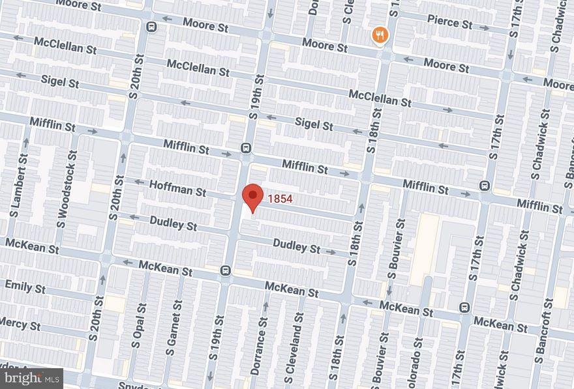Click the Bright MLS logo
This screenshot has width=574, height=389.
[32, 377]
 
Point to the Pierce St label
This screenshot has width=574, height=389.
[449, 23]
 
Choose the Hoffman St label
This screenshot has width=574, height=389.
[177, 189]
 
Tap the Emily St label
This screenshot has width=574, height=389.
[25, 286]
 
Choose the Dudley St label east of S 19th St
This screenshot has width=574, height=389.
[297, 248]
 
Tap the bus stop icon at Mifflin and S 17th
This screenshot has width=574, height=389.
[485, 186]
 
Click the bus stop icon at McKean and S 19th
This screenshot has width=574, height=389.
[225, 270]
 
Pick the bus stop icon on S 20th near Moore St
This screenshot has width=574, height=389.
[151, 27]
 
